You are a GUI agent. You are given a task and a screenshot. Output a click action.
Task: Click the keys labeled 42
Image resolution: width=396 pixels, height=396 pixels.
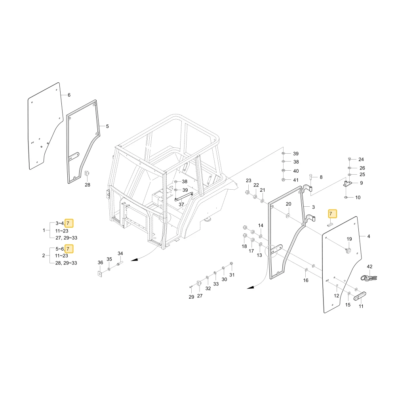pyautogui.click(x=368, y=278)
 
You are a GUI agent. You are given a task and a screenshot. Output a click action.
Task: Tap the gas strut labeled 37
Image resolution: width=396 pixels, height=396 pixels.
pyautogui.click(x=184, y=196)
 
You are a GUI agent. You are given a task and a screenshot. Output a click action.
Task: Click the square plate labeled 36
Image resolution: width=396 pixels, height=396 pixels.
pyautogui.click(x=100, y=274)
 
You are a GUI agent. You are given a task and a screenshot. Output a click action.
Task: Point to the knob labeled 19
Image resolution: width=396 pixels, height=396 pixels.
pyautogui.click(x=349, y=250)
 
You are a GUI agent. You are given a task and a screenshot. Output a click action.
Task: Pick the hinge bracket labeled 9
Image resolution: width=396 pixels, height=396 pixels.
pyautogui.click(x=348, y=183)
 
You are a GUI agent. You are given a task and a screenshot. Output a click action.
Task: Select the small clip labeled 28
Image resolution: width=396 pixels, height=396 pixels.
pyautogui.click(x=88, y=173)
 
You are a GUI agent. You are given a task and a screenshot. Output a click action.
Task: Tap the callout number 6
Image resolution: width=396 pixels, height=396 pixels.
pyautogui.click(x=69, y=95)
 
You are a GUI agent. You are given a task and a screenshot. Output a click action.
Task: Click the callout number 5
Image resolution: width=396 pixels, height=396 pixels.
pyautogui.click(x=107, y=126)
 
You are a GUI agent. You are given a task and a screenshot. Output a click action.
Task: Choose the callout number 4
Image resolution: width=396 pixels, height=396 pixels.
pyautogui.click(x=369, y=236)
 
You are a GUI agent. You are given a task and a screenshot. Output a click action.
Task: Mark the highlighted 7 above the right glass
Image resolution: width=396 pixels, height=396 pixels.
pyautogui.click(x=332, y=214)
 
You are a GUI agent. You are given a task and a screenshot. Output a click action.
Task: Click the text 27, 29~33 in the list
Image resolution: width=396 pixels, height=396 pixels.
pyautogui.click(x=67, y=238)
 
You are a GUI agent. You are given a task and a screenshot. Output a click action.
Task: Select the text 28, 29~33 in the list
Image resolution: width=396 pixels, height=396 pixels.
pyautogui.click(x=66, y=263)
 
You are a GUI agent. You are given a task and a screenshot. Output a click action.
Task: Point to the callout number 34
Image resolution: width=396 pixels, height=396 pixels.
pyautogui.click(x=120, y=253)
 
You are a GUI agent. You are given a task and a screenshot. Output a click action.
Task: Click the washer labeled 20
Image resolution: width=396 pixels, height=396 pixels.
pyautogui.click(x=287, y=216)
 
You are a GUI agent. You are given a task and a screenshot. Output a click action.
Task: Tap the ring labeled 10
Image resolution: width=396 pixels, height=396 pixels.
pyautogui.click(x=346, y=197)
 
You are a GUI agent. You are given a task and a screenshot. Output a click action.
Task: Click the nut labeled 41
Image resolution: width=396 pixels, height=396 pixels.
pyautogui.click(x=283, y=180)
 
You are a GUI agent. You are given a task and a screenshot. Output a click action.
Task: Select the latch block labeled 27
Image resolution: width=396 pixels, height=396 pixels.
pyautogui.click(x=199, y=284)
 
